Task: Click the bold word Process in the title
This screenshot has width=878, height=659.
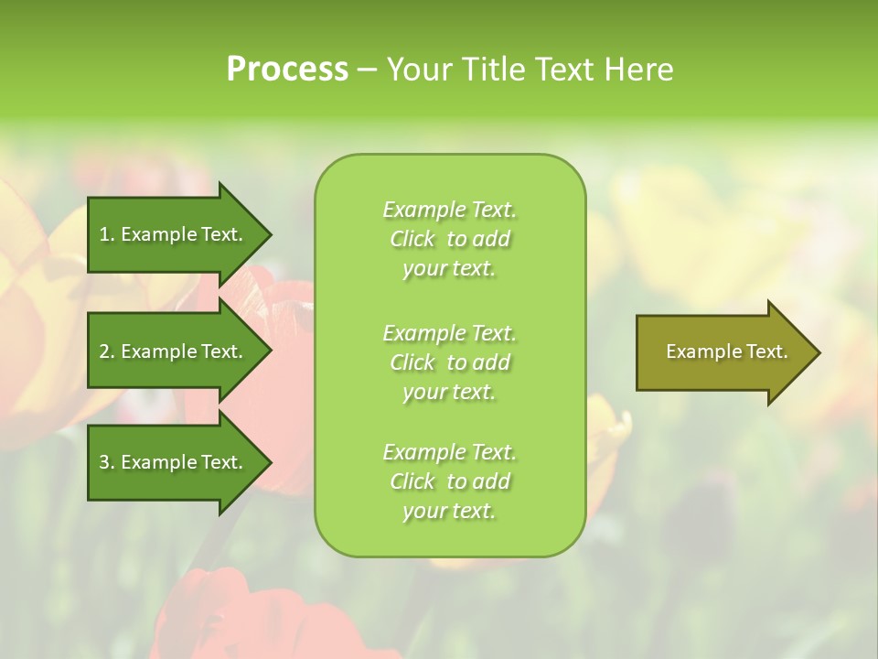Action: pos(287,70)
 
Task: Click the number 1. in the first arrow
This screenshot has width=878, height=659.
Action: pos(107,234)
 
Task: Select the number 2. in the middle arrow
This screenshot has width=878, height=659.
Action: pos(107,351)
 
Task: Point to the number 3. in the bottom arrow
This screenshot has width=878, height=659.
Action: pos(107,462)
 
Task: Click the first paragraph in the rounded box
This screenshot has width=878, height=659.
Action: pos(449,239)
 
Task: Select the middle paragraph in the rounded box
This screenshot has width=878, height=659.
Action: pos(449,362)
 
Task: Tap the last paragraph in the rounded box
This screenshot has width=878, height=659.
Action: pos(449,481)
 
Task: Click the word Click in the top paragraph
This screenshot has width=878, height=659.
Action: pos(412,239)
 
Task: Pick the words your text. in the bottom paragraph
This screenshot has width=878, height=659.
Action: pos(449,511)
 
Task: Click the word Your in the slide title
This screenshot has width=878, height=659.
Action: pos(420,70)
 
